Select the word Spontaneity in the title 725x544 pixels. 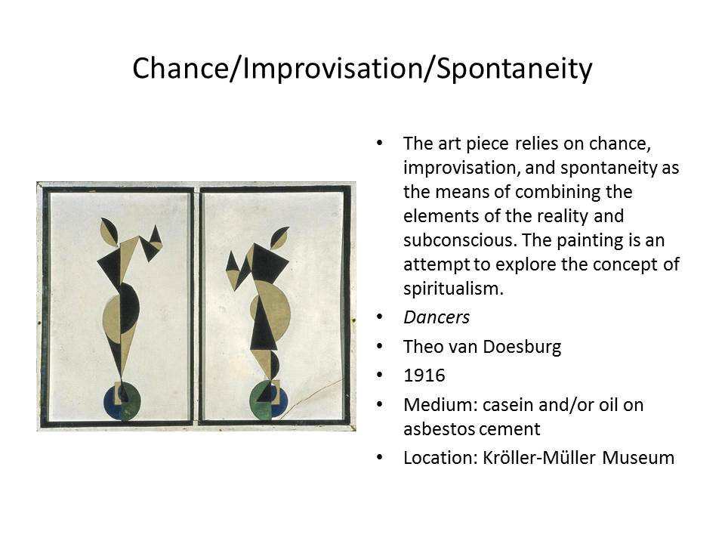click(514, 70)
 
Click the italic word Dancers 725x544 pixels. click(437, 317)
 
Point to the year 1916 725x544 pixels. click(424, 376)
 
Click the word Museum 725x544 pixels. click(639, 458)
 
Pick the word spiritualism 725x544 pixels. click(453, 289)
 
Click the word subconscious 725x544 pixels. click(461, 240)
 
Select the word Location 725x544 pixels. click(440, 458)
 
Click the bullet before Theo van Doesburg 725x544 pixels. click(380, 347)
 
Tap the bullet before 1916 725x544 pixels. click(380, 376)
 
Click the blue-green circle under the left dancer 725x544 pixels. click(121, 401)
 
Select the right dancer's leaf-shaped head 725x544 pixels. click(279, 237)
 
